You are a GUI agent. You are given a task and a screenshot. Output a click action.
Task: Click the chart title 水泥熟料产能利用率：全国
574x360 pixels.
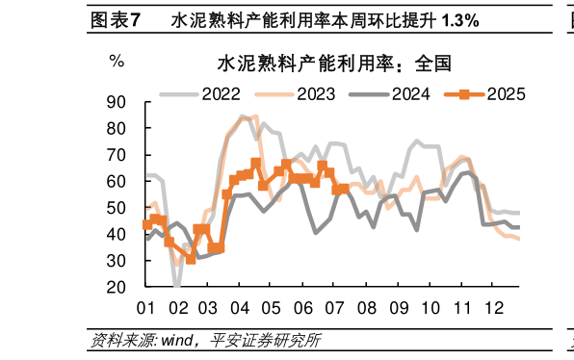[334, 64]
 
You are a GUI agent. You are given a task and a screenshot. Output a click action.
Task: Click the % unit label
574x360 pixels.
[117, 62]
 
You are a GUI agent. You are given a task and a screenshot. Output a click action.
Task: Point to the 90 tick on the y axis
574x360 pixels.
[117, 101]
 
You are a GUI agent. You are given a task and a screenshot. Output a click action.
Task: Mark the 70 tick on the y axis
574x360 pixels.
[117, 154]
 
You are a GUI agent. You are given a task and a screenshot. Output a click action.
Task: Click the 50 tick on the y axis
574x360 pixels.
[117, 208]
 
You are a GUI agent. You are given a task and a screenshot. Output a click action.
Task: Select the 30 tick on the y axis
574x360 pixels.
[117, 261]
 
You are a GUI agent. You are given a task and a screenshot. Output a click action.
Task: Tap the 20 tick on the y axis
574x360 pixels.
[117, 287]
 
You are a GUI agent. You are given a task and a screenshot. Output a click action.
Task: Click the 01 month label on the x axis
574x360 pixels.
[146, 308]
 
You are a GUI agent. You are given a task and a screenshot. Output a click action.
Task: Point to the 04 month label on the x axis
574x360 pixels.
[240, 308]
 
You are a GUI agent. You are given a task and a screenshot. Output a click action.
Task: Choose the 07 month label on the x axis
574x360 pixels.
[333, 308]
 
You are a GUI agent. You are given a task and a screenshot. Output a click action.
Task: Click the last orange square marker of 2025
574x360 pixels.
[342, 189]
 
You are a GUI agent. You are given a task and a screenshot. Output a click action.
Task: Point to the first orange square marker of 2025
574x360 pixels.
[147, 224]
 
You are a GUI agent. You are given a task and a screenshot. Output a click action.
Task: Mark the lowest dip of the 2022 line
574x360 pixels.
[177, 285]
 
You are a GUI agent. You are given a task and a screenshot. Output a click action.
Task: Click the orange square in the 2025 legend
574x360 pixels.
[464, 93]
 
